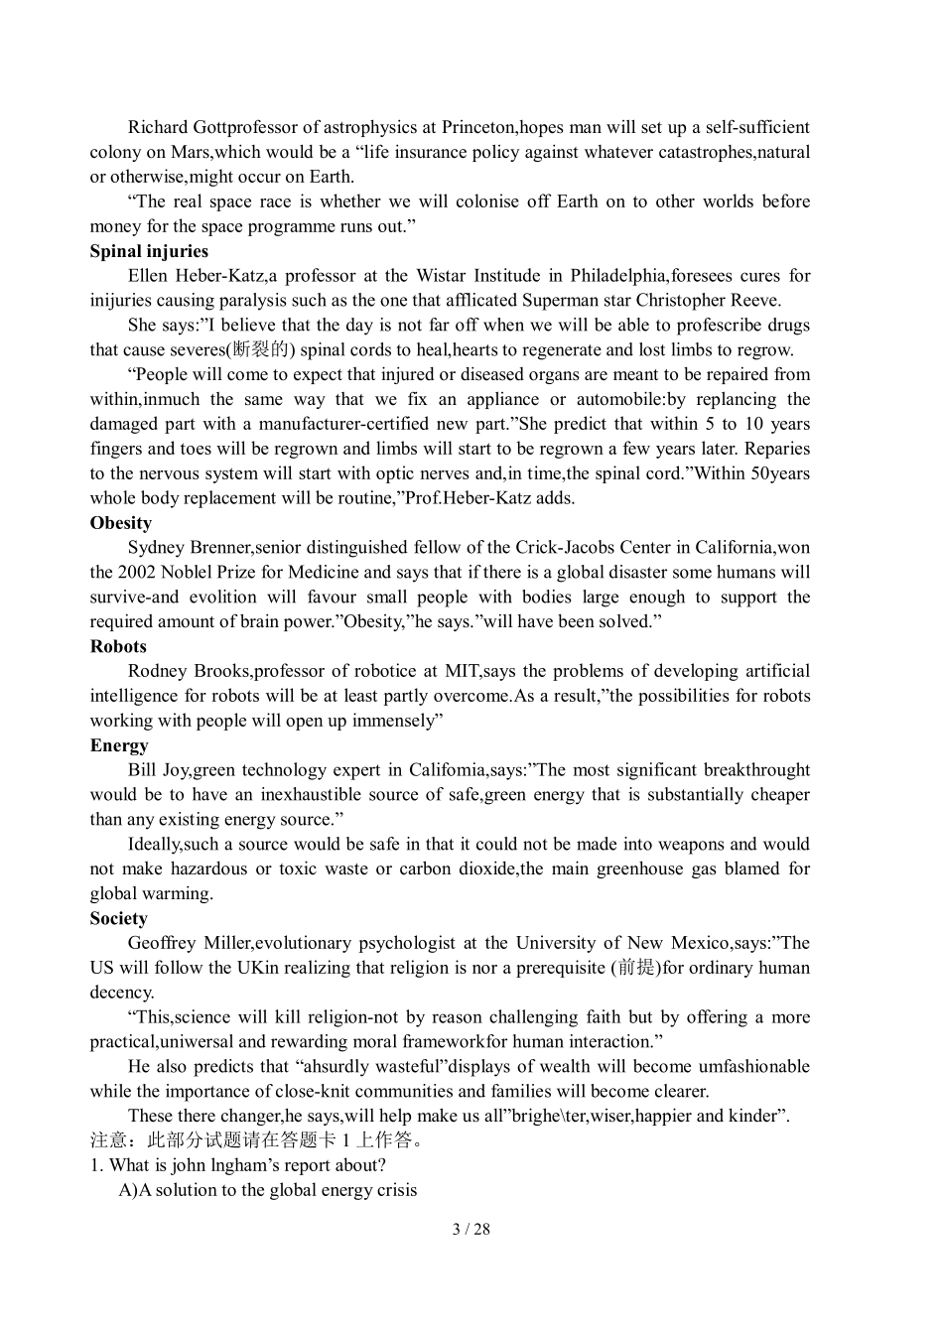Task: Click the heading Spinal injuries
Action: point(149,251)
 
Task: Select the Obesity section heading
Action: point(121,523)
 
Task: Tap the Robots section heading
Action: point(118,646)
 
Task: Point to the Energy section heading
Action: point(119,745)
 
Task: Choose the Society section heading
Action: point(119,918)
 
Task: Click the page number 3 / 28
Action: point(471,1229)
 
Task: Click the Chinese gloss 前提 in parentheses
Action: point(635,968)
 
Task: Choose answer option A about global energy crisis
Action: point(268,1190)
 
